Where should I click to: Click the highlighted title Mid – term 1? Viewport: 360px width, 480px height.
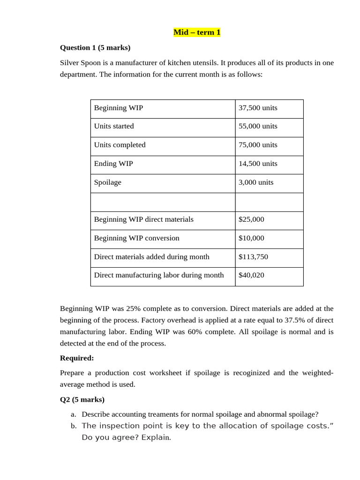click(196, 32)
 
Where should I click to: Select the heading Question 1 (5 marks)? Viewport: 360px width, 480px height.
click(95, 47)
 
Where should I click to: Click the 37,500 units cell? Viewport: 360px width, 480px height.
click(258, 108)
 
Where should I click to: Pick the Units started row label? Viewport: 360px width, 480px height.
click(114, 126)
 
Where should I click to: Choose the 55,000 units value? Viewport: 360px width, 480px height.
click(258, 126)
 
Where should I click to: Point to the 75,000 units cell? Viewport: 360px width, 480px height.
click(258, 145)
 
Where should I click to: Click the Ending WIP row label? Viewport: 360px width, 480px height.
click(113, 164)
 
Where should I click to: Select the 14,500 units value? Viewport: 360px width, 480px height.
click(258, 164)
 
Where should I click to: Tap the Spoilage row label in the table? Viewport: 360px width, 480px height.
click(108, 182)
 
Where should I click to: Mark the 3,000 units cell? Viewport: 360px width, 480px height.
click(256, 182)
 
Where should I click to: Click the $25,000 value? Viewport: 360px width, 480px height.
click(251, 219)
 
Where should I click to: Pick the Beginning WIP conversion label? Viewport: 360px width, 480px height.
click(137, 238)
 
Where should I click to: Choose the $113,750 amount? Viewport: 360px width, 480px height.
click(253, 257)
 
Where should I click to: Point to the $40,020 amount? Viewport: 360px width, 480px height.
click(251, 275)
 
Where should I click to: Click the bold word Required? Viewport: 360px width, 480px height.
click(77, 358)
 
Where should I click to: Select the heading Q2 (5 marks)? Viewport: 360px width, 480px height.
click(82, 399)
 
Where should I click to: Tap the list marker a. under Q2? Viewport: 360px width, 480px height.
click(73, 414)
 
